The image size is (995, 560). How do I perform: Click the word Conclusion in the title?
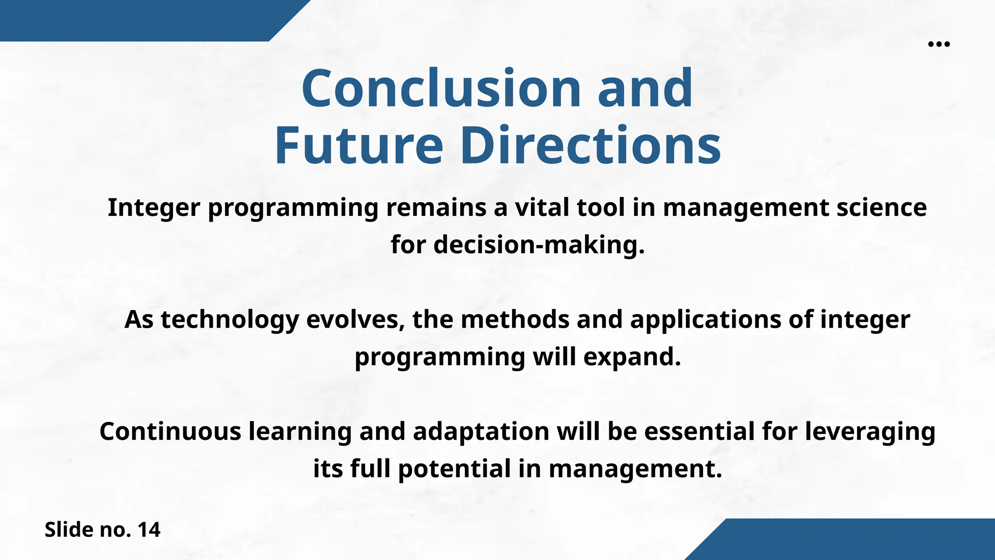pyautogui.click(x=441, y=88)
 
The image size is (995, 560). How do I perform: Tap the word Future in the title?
pyautogui.click(x=359, y=146)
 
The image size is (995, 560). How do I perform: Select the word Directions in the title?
pyautogui.click(x=590, y=146)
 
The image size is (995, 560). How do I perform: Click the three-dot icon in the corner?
pyautogui.click(x=939, y=44)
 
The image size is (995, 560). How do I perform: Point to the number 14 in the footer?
pyautogui.click(x=149, y=530)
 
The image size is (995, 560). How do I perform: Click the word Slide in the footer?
pyautogui.click(x=69, y=530)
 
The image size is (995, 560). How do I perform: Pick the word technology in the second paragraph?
pyautogui.click(x=230, y=320)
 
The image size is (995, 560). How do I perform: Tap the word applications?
pyautogui.click(x=705, y=320)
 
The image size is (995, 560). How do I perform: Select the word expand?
pyautogui.click(x=632, y=358)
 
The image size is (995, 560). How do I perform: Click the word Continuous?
pyautogui.click(x=170, y=432)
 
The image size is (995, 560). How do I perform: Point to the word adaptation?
pyautogui.click(x=481, y=432)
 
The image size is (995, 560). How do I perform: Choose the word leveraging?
pyautogui.click(x=870, y=432)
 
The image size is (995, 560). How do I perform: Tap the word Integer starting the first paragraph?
pyautogui.click(x=154, y=208)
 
